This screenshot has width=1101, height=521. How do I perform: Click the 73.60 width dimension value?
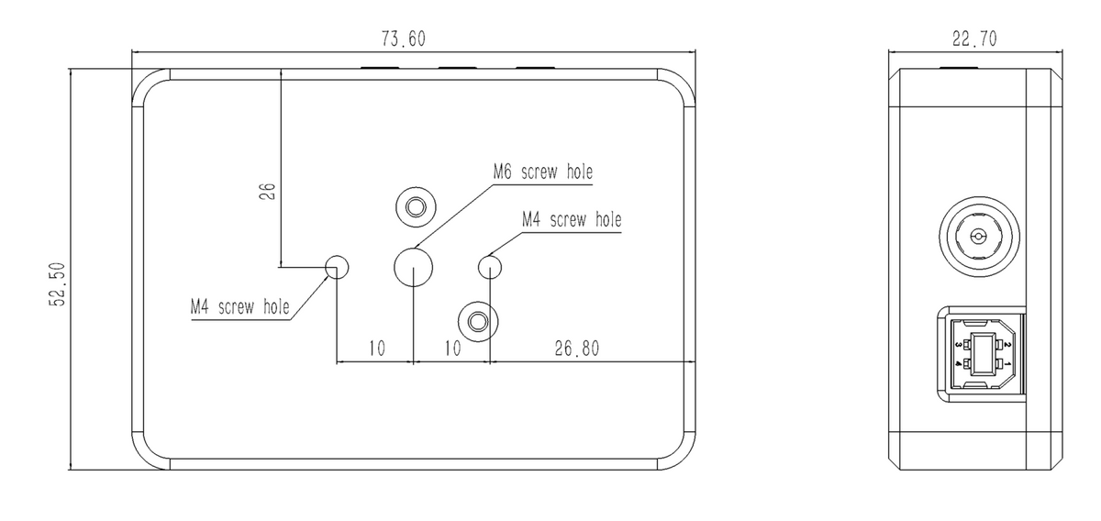point(404,39)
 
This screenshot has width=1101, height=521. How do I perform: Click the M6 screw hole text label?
point(542,172)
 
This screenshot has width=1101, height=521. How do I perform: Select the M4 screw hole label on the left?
point(239,306)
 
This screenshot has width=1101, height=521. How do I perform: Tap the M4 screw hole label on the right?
point(571,220)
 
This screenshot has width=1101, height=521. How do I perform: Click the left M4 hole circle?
point(338,267)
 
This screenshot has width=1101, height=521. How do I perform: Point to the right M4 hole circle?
point(491,267)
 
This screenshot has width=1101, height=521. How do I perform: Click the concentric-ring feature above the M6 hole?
point(416,206)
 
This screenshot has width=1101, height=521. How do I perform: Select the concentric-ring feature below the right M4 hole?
point(478,321)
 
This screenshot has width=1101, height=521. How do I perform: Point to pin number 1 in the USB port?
point(1007,365)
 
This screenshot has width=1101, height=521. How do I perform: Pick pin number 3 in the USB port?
point(958,345)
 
